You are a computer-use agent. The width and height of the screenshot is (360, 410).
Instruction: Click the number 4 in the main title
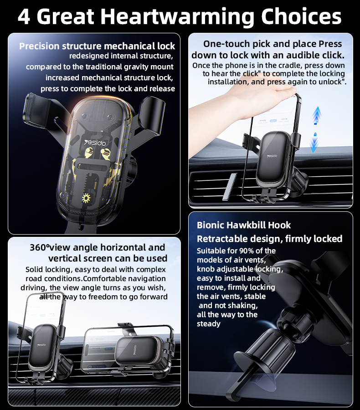pos(24,16)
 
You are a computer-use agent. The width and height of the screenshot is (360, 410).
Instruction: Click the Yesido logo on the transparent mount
pos(95,143)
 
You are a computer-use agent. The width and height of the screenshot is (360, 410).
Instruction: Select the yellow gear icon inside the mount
pos(86,198)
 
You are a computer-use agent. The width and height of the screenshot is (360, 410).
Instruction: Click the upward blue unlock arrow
pos(317,115)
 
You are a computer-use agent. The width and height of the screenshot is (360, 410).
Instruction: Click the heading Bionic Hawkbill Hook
pos(244,225)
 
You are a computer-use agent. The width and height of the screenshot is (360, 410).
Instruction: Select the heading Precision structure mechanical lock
pos(97,46)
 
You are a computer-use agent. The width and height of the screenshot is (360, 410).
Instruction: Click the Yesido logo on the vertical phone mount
pos(41,345)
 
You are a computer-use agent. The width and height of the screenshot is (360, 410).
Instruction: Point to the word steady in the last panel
pos(209,324)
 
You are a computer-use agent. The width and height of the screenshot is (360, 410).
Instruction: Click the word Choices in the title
pos(301,16)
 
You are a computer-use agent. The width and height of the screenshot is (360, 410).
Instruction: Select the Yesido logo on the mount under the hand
pos(272,156)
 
